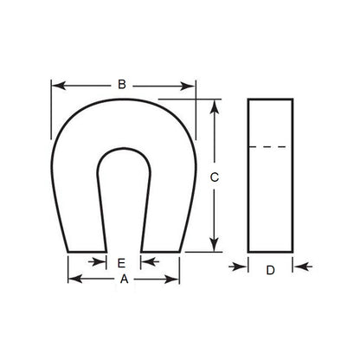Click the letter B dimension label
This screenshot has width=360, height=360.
[122, 84]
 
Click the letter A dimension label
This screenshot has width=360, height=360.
[123, 280]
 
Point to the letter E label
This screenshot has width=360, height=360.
[122, 262]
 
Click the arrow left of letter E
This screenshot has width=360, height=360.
[100, 262]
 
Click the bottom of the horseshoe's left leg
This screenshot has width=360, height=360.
[87, 252]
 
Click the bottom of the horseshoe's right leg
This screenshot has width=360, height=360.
[161, 252]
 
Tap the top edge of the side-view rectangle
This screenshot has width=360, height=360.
[270, 100]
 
